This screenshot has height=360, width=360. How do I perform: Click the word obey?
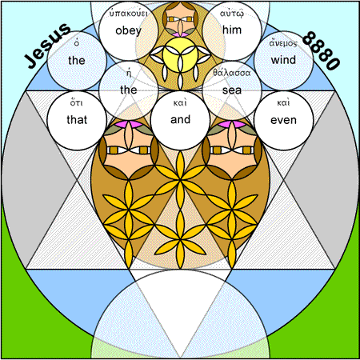pyautogui.click(x=128, y=31)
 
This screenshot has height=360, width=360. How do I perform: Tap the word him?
pyautogui.click(x=232, y=30)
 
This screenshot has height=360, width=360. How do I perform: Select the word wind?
pyautogui.click(x=283, y=60)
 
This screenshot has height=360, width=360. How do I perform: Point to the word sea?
pyautogui.click(x=232, y=90)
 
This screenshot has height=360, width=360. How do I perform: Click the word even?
pyautogui.click(x=283, y=120)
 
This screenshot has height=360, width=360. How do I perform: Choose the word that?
pyautogui.click(x=77, y=120)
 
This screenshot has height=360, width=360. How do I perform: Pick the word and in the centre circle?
pyautogui.click(x=180, y=119)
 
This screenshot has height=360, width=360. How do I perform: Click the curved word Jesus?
pyautogui.click(x=48, y=46)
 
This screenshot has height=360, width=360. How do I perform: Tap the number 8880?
pyautogui.click(x=322, y=50)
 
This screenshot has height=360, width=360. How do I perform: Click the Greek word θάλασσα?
pyautogui.click(x=232, y=73)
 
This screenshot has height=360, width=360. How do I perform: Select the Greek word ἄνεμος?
pyautogui.click(x=283, y=42)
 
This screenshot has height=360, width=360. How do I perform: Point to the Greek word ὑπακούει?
pyautogui.click(x=128, y=13)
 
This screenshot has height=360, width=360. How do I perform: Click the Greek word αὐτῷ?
pyautogui.click(x=232, y=14)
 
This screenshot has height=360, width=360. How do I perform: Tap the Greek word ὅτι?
pyautogui.click(x=77, y=102)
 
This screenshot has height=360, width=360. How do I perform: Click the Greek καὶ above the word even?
pyautogui.click(x=283, y=102)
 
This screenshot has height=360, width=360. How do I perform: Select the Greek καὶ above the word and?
pyautogui.click(x=180, y=102)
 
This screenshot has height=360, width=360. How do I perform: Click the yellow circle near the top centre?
pyautogui.click(x=180, y=54)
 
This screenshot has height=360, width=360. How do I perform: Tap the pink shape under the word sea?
pyautogui.click(x=232, y=124)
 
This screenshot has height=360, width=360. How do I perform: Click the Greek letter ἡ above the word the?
pyautogui.click(x=129, y=73)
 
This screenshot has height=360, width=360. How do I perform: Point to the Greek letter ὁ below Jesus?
pyautogui.click(x=77, y=42)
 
